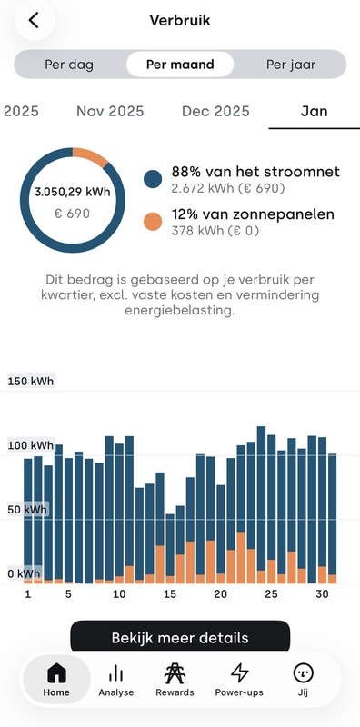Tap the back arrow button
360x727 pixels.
tap(34, 21)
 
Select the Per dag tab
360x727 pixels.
tap(69, 65)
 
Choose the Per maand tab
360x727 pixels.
tap(179, 65)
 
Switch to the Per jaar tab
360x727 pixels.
tap(290, 65)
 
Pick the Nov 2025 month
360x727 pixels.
tap(110, 112)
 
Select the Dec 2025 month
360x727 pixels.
tap(215, 112)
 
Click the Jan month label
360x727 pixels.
tap(315, 112)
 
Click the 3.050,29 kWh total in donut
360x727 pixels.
tap(70, 193)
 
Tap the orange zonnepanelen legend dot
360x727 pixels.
tap(154, 222)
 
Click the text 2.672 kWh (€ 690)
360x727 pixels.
tap(228, 189)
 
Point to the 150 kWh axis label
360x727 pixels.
tap(31, 382)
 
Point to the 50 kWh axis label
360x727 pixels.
tap(27, 510)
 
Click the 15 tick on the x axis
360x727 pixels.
tap(169, 594)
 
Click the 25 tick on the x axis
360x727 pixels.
tap(271, 594)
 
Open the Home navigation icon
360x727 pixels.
tap(56, 679)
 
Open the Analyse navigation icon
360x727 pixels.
tap(115, 679)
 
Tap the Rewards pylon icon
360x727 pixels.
tap(175, 673)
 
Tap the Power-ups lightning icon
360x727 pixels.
tap(239, 673)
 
